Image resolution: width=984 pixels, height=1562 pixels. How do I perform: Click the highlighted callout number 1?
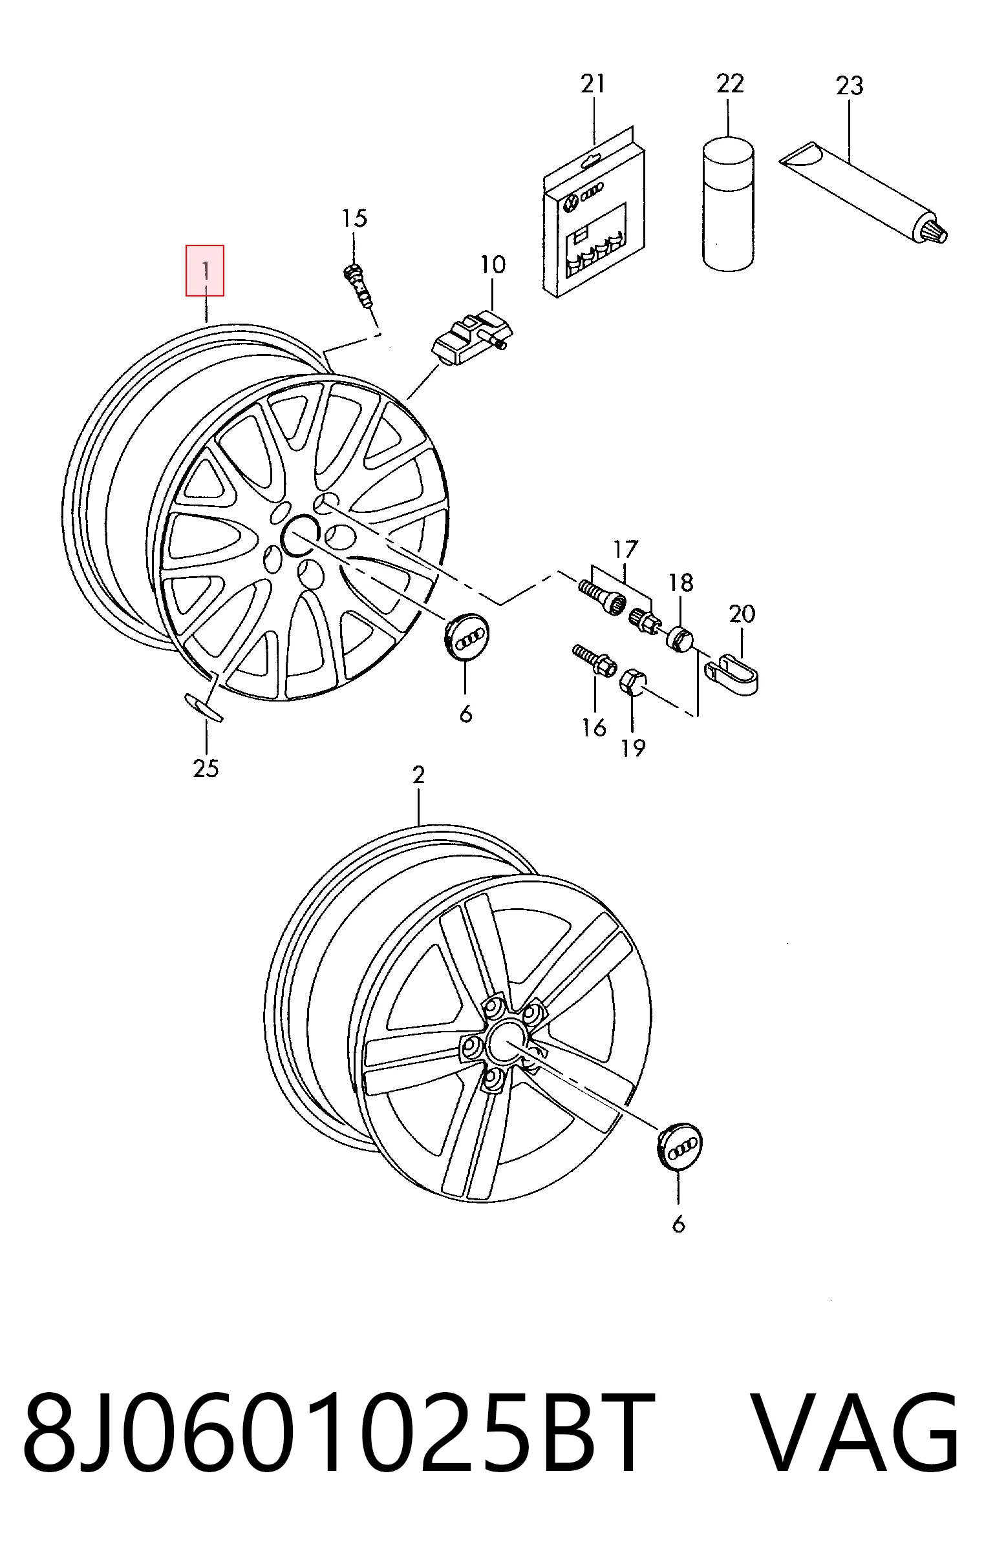205,271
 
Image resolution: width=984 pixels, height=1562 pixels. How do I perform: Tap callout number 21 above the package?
593,84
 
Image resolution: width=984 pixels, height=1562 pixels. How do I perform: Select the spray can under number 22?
728,203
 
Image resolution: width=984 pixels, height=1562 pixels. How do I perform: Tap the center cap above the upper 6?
469,638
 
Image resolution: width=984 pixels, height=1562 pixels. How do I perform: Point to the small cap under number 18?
679,639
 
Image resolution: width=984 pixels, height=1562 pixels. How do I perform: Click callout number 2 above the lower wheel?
419,775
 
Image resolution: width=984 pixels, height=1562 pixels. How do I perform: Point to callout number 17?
626,550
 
